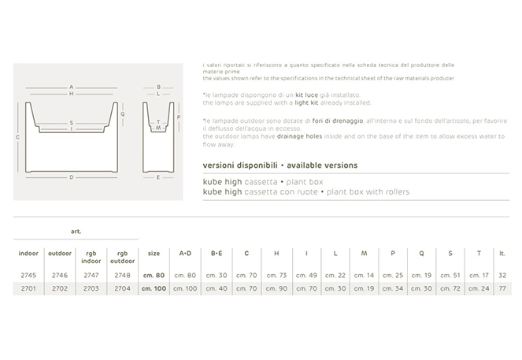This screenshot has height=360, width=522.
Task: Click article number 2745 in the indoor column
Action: tap(28, 275)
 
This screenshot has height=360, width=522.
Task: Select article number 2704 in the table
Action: tap(122, 288)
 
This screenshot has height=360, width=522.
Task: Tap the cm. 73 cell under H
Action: tap(276, 275)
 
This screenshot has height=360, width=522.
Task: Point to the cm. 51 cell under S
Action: tap(450, 275)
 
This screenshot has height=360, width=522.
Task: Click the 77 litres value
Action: tap(502, 288)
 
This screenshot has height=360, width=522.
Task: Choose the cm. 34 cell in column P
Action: tap(392, 288)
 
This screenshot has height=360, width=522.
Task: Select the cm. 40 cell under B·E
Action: tap(217, 288)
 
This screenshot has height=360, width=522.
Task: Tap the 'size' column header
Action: tap(154, 253)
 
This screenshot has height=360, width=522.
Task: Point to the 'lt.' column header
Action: tap(502, 253)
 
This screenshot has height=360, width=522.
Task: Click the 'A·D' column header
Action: tap(185, 253)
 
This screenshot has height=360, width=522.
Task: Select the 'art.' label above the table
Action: tap(76, 232)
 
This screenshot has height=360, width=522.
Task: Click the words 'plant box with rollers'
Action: tap(370, 191)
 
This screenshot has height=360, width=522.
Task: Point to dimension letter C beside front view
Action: tap(18, 136)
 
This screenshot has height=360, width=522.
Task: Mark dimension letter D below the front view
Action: tap(71, 178)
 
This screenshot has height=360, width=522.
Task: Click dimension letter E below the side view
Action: tap(158, 178)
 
